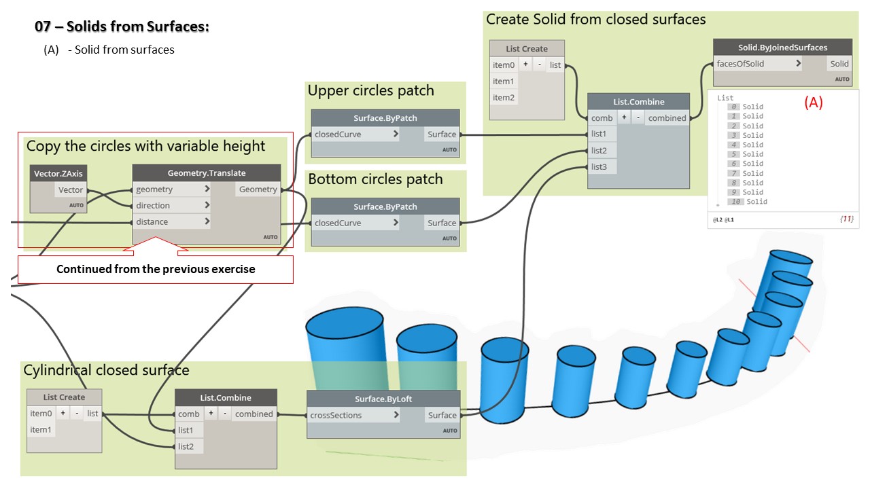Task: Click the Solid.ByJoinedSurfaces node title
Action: pos(782,48)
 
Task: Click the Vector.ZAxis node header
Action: pos(58,174)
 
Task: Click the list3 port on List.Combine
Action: pos(599,167)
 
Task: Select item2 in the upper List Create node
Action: pos(504,98)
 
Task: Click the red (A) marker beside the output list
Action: pos(814,103)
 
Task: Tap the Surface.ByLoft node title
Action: pos(383,399)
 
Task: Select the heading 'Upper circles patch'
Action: pos(370,91)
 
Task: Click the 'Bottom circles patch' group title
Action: pos(375,179)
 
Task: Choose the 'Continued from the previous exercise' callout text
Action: pos(156,270)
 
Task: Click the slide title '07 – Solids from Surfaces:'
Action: pos(122,27)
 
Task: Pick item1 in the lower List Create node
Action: pos(41,430)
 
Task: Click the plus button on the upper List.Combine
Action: pos(624,117)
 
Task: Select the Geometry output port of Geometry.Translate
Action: pos(258,190)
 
